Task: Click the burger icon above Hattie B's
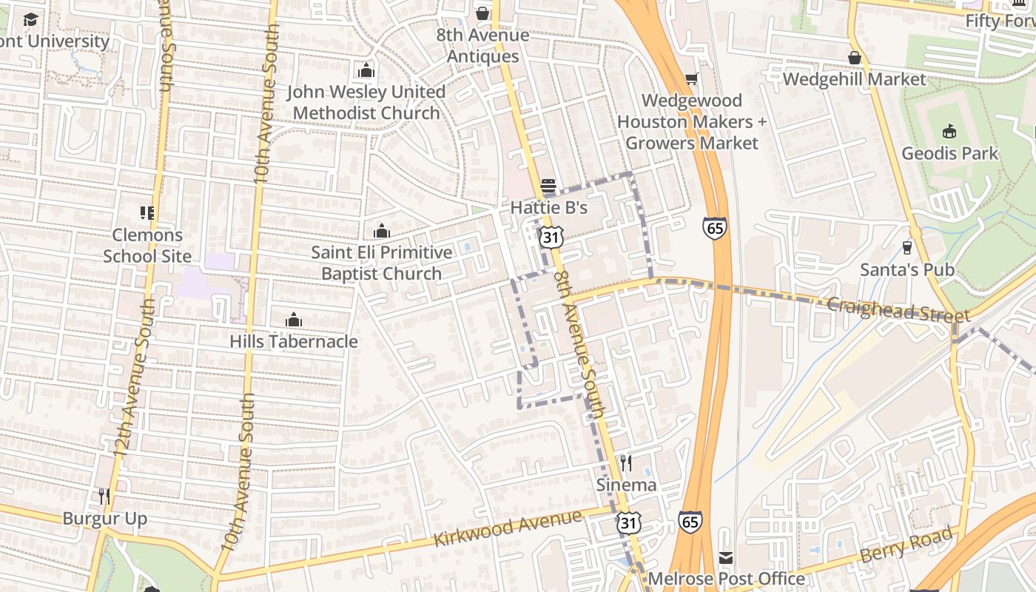click(x=548, y=185)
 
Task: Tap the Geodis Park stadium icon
click(x=949, y=132)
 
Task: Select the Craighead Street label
click(x=888, y=310)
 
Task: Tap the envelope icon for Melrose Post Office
click(x=726, y=557)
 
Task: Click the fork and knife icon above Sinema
click(x=626, y=463)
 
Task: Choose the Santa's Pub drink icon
click(x=907, y=248)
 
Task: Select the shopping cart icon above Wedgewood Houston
click(x=691, y=78)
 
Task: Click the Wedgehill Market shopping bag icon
click(x=855, y=58)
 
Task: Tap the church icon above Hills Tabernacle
click(x=294, y=320)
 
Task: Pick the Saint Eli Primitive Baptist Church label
click(x=381, y=263)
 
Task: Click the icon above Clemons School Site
click(x=147, y=213)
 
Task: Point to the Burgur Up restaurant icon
click(x=104, y=496)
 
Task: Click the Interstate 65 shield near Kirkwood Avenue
click(x=690, y=522)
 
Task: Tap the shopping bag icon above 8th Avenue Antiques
click(x=482, y=13)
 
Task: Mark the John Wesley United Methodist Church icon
click(x=366, y=70)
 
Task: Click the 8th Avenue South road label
click(x=580, y=344)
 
